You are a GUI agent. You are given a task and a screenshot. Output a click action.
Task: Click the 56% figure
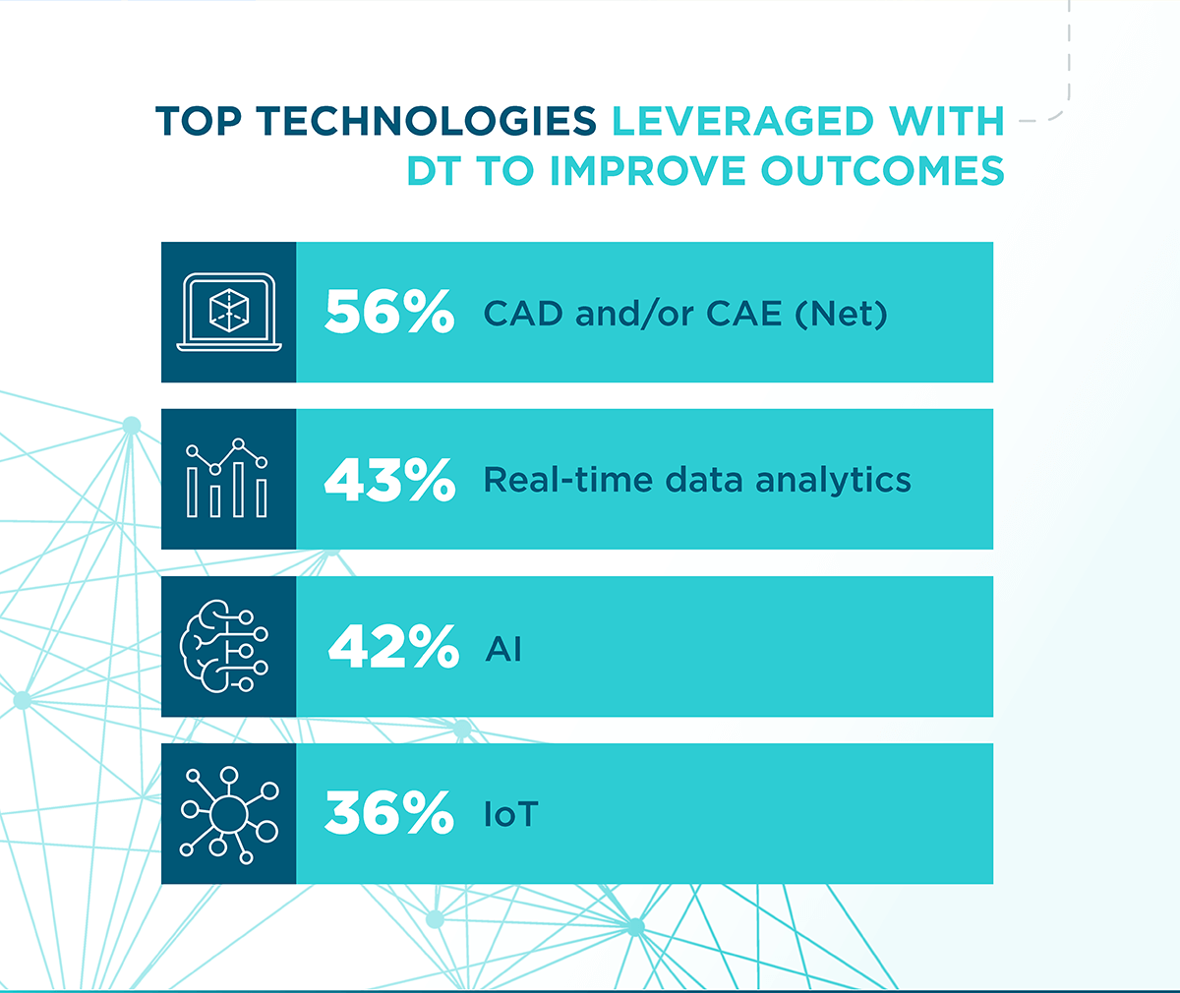[x=389, y=313]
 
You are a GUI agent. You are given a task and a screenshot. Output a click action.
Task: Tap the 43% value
[x=389, y=480]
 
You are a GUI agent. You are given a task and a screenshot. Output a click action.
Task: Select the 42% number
[x=393, y=647]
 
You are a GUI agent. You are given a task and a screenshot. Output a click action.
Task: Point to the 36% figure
[x=389, y=814]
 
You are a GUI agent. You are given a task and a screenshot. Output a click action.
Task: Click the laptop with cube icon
[x=229, y=313]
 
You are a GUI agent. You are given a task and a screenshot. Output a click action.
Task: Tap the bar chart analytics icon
[x=228, y=479]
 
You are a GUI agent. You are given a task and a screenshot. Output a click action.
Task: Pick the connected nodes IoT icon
[x=229, y=814]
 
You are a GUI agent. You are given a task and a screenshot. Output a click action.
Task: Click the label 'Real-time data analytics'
[x=697, y=480]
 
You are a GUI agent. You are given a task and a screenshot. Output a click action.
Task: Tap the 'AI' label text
[x=502, y=649]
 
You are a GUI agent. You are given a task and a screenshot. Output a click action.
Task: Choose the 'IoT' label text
[x=510, y=815]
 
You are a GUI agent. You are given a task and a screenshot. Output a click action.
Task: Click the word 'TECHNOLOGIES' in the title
[x=427, y=121]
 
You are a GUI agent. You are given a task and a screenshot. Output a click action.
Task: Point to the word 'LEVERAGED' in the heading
[x=742, y=121]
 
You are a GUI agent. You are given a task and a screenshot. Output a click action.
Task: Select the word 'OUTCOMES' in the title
[x=882, y=170]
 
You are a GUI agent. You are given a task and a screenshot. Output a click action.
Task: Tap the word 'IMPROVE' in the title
[x=648, y=170]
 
